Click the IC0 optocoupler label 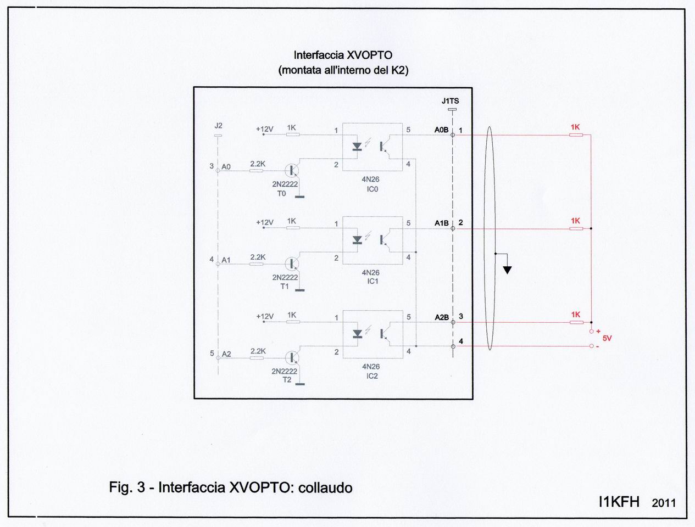tap(372, 189)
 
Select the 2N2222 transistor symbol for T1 tap(293, 263)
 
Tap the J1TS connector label tap(450, 101)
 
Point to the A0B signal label tap(441, 130)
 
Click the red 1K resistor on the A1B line tap(575, 228)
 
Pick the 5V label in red tap(607, 339)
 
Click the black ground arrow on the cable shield tap(508, 270)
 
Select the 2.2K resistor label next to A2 tap(258, 351)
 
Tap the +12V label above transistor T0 tap(264, 130)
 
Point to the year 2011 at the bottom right tap(664, 503)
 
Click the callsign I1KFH tap(619, 502)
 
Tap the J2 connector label tap(218, 126)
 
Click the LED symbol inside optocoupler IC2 tap(357, 333)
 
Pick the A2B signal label tap(441, 317)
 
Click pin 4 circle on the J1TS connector tap(453, 346)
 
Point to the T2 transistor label tap(287, 380)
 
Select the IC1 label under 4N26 tap(372, 281)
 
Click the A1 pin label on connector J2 tap(226, 260)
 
